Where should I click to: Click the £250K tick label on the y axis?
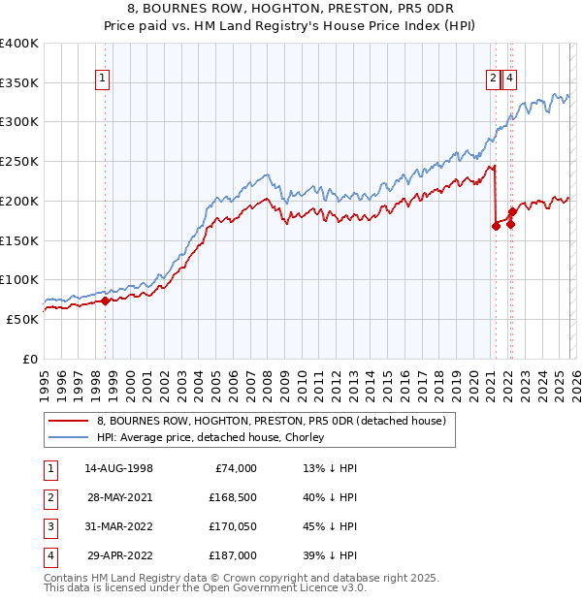19,162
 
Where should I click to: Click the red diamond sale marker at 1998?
106,300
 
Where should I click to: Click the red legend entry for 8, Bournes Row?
271,422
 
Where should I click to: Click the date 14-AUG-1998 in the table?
118,468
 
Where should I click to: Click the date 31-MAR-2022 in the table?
118,526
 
